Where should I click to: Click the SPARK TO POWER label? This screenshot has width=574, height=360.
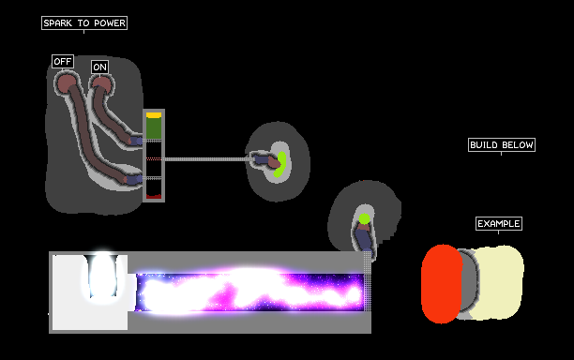[x=84, y=23]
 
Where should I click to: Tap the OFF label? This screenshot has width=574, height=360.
[x=63, y=62]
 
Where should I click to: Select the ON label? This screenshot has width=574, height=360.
[x=100, y=67]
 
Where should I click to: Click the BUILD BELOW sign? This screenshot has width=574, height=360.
[x=502, y=145]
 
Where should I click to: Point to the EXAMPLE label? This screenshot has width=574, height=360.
[x=499, y=223]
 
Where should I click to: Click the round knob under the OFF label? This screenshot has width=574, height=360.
[x=67, y=83]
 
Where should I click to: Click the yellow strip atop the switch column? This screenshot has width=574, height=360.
[x=154, y=115]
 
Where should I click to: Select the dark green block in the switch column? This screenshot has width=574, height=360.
[x=154, y=127]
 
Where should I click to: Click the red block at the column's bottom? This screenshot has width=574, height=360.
[x=154, y=197]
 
